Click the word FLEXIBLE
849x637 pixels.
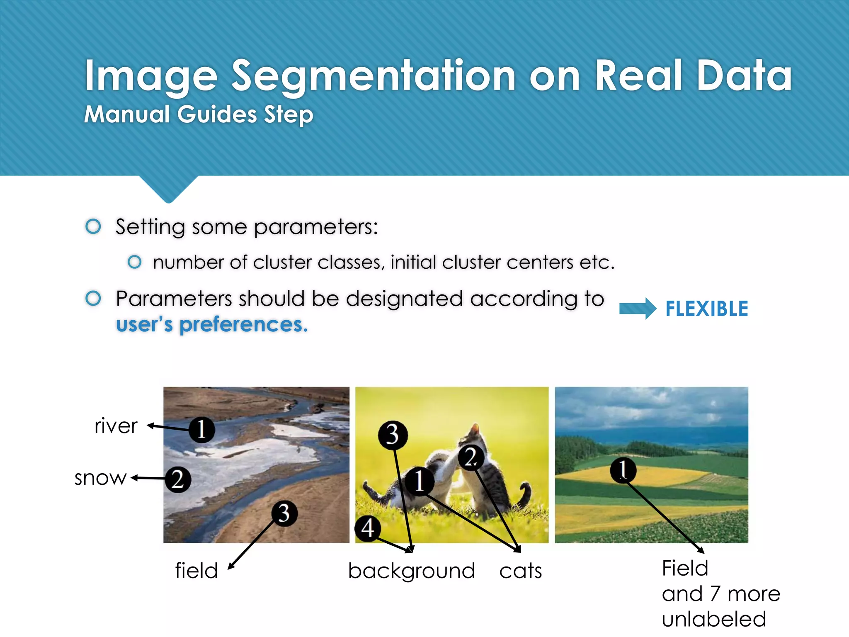706,309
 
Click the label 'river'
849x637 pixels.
116,426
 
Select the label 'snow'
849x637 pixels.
100,478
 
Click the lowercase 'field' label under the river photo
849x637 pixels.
196,571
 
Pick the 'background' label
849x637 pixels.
411,571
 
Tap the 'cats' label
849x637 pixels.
521,571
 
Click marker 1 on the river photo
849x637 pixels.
202,429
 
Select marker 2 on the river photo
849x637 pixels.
178,479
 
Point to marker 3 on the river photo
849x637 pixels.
284,513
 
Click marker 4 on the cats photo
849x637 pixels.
368,528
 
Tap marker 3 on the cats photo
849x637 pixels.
393,435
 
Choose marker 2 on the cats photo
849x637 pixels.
471,457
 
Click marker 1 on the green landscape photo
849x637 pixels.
623,470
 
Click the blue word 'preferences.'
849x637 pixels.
243,324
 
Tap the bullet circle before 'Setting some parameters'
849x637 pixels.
93,226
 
